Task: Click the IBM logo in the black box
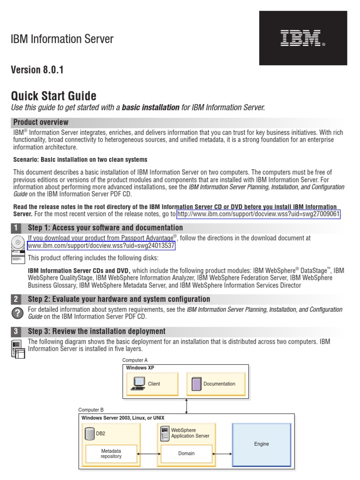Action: (x=303, y=38)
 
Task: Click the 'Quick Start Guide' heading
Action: (x=53, y=96)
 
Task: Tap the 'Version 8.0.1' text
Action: (x=37, y=70)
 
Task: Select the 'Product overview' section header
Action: (x=41, y=122)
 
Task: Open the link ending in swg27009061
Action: (x=258, y=214)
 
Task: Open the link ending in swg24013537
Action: (x=101, y=246)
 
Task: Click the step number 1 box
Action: (x=16, y=228)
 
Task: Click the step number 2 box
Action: (x=16, y=299)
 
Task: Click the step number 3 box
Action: (x=16, y=331)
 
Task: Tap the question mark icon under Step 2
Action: (x=16, y=313)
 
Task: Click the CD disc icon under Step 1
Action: (x=18, y=242)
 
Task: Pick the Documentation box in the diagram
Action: (x=216, y=384)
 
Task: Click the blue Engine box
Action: (x=262, y=444)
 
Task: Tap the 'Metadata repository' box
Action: (x=111, y=453)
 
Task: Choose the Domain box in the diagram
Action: (x=186, y=453)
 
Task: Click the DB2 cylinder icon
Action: (x=90, y=434)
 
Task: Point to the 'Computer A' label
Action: (x=135, y=360)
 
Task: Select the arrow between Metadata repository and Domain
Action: (x=149, y=453)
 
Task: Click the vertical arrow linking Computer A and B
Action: (x=187, y=406)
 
